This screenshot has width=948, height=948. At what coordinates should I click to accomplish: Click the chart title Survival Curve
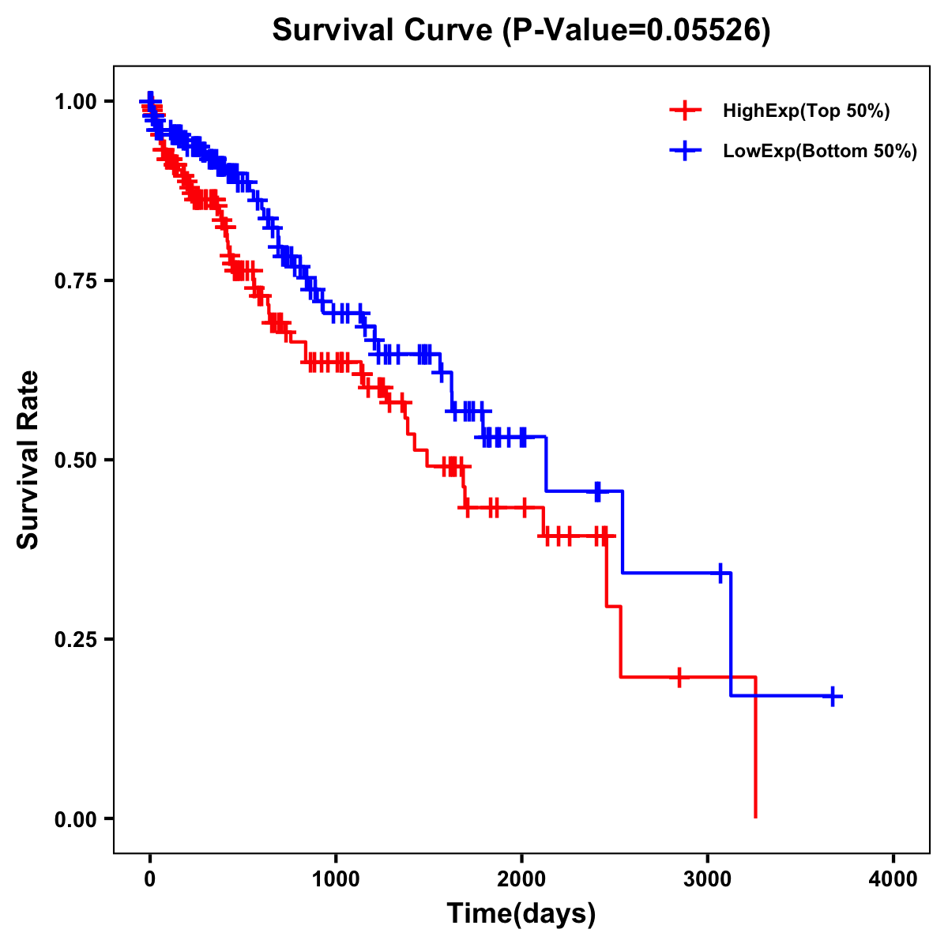[383, 30]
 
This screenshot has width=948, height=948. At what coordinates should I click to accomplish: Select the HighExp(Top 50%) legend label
[806, 111]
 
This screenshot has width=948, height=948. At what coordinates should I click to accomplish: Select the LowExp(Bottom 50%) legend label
[820, 151]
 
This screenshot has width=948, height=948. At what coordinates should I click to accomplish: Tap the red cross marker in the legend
[685, 111]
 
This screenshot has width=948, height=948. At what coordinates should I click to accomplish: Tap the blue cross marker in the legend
[685, 151]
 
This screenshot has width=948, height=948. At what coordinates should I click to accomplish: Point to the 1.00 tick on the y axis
[76, 101]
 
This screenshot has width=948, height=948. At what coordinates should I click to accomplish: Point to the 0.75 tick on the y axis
[76, 280]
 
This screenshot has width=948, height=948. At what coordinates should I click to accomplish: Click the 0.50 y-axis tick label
[76, 460]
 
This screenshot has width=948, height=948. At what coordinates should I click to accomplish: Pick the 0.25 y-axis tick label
[76, 639]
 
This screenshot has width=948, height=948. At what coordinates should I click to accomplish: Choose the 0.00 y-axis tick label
[76, 818]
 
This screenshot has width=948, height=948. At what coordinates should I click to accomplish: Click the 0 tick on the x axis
[150, 879]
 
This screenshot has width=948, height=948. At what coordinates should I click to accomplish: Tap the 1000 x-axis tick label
[336, 879]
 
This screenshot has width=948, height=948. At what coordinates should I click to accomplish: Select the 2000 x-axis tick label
[521, 879]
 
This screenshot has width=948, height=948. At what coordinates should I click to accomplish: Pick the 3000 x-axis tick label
[708, 879]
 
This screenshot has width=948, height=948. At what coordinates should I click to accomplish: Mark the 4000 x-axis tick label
[893, 879]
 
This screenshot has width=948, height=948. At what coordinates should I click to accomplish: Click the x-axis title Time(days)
[521, 913]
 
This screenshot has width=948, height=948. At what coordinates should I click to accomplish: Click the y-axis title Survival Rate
[28, 460]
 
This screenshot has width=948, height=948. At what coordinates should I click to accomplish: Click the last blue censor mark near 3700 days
[833, 696]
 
